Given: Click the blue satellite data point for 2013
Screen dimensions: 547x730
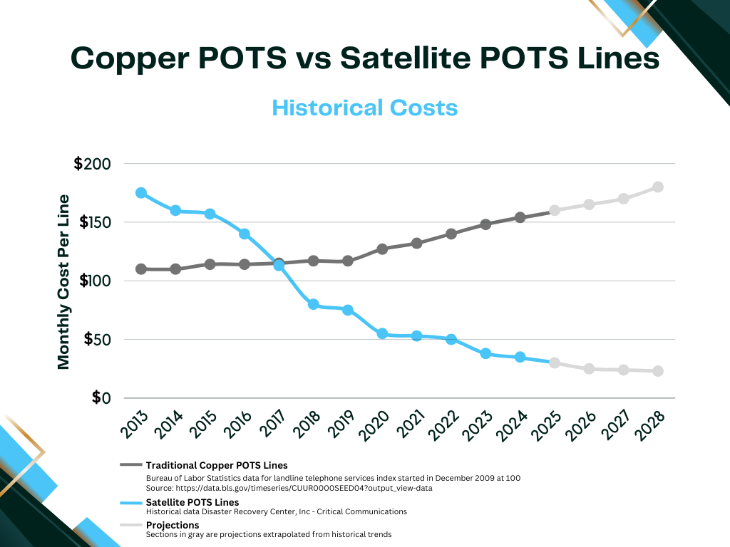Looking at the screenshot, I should (141, 193).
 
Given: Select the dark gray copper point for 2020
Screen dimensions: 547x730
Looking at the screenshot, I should (382, 249).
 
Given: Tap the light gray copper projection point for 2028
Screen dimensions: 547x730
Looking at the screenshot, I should (658, 187).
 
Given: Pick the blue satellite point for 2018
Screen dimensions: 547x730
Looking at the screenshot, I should (313, 304).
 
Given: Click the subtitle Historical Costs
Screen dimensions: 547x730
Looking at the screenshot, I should (364, 108).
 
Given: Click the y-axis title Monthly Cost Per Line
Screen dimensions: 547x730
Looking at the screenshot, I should (64, 281).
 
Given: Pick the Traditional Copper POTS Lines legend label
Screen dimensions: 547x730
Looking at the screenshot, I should (217, 466).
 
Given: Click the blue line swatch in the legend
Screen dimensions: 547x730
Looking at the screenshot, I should (131, 502).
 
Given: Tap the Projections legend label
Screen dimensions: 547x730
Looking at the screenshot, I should (173, 525).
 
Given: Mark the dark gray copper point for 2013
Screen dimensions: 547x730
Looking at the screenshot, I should (141, 269).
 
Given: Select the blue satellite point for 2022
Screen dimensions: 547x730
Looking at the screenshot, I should (451, 339).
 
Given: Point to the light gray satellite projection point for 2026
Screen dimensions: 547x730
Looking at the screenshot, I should (589, 369).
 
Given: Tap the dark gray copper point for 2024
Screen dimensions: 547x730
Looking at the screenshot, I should (520, 217).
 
